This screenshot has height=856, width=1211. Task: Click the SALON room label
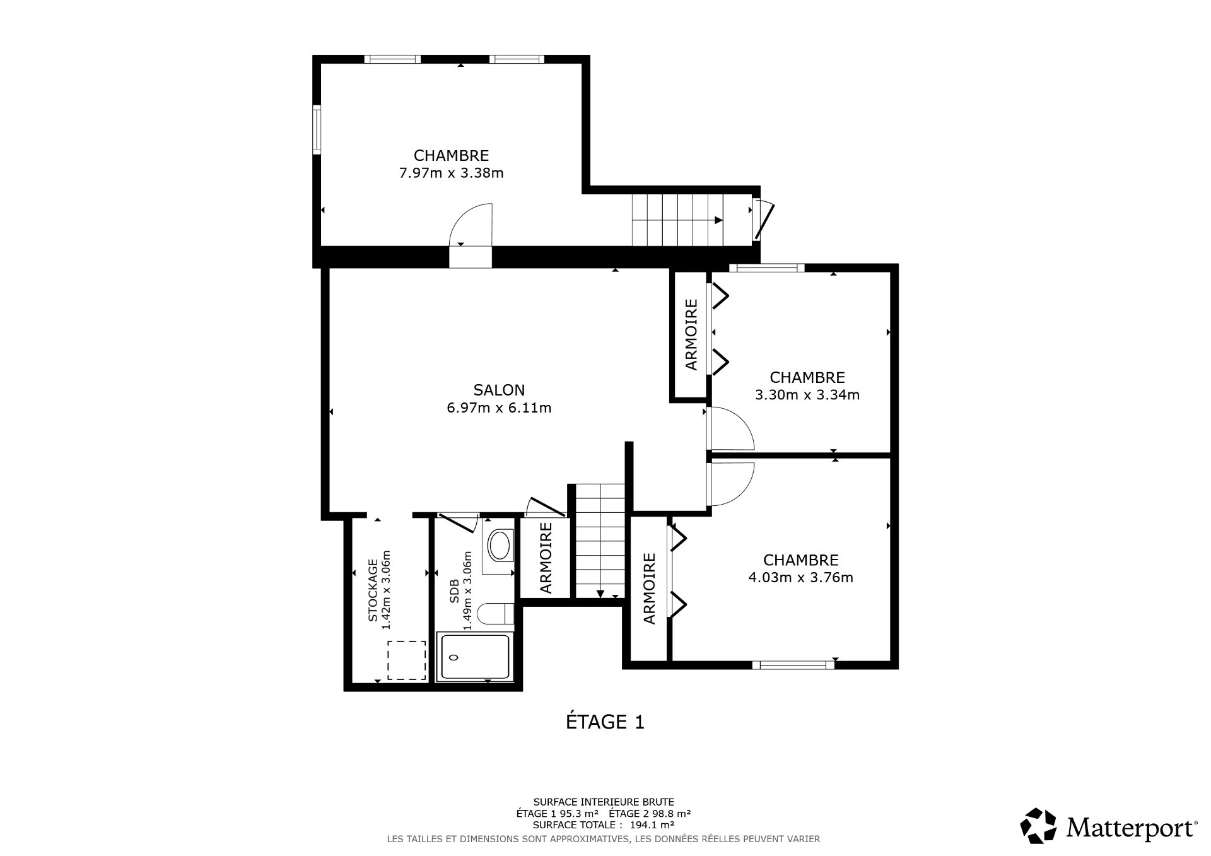click(x=499, y=390)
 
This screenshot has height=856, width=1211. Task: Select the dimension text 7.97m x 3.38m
click(x=451, y=173)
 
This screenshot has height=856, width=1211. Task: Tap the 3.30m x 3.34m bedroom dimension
click(x=807, y=395)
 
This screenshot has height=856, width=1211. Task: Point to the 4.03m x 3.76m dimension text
click(x=800, y=577)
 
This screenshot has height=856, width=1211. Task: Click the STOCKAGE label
click(x=373, y=590)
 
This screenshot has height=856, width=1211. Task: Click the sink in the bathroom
click(x=500, y=546)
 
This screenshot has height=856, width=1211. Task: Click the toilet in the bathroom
click(x=495, y=614)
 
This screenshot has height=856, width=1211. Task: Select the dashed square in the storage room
click(x=406, y=660)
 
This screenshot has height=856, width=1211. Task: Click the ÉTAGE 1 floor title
click(x=605, y=722)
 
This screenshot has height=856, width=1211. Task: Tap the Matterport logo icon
click(x=1038, y=825)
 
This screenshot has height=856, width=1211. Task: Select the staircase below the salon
click(x=600, y=539)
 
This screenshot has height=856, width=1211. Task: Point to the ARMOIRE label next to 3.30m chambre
click(x=691, y=334)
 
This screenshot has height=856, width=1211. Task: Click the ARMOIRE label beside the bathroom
click(x=546, y=558)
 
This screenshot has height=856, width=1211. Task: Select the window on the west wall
click(x=317, y=130)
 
